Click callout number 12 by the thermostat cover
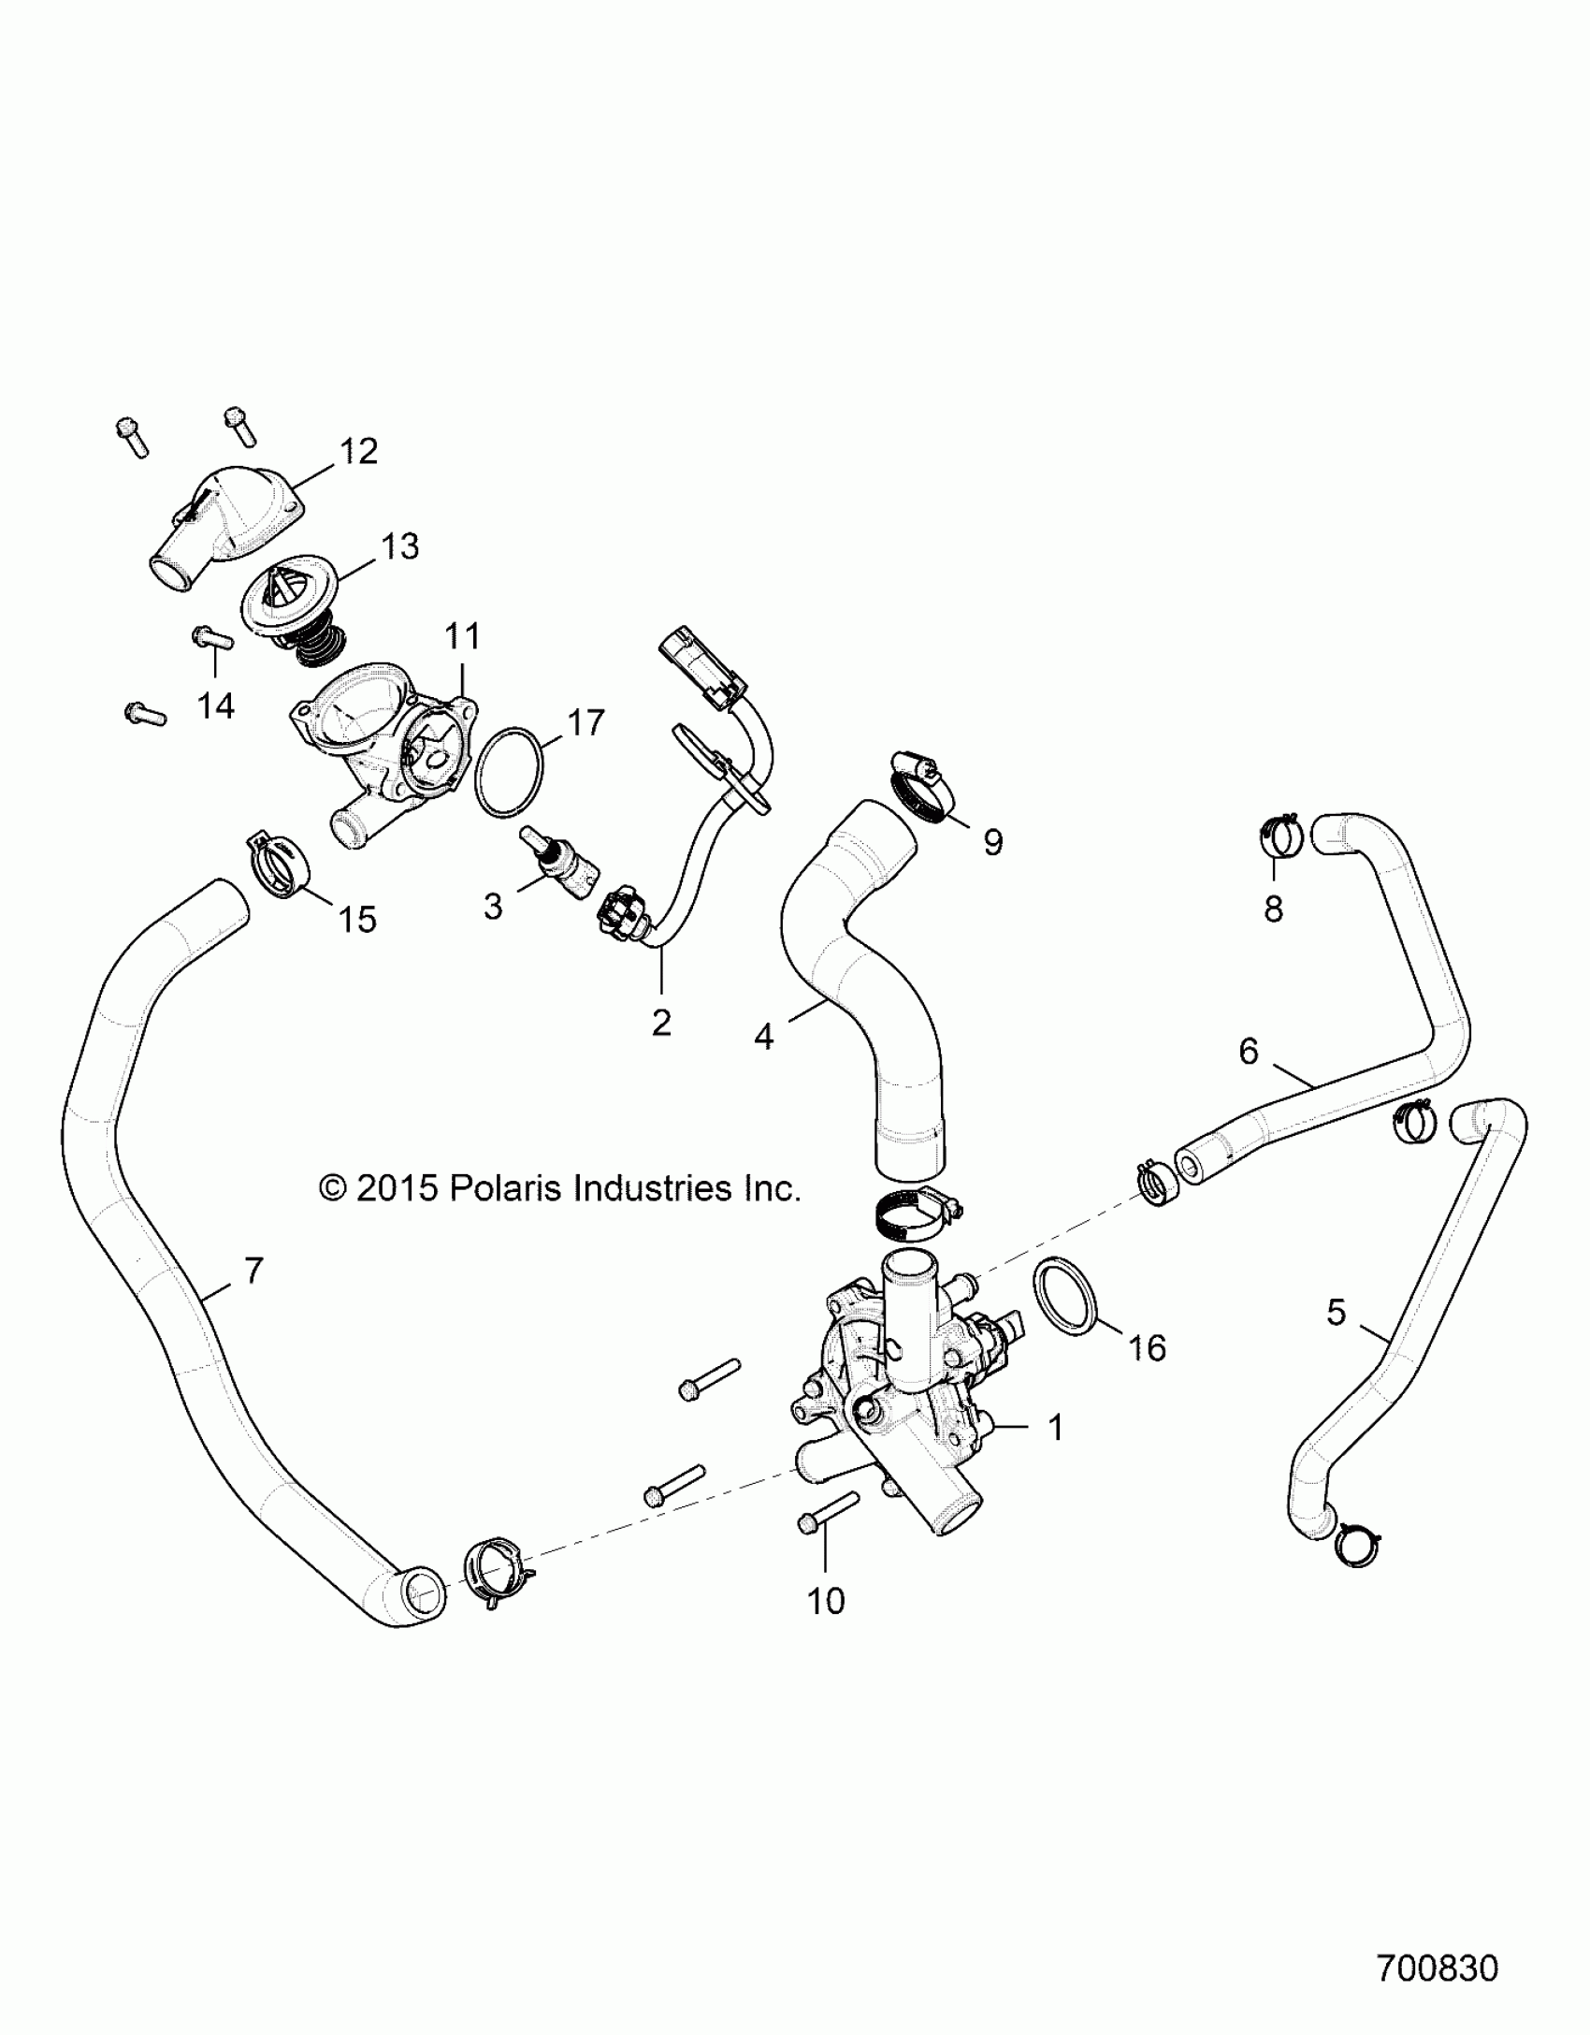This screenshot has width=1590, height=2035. [358, 451]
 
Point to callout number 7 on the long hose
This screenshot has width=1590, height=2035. [253, 1270]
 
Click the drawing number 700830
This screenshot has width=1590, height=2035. [1438, 1968]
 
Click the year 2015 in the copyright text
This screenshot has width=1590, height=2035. [397, 1188]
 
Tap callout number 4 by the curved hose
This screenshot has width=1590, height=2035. [763, 1036]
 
